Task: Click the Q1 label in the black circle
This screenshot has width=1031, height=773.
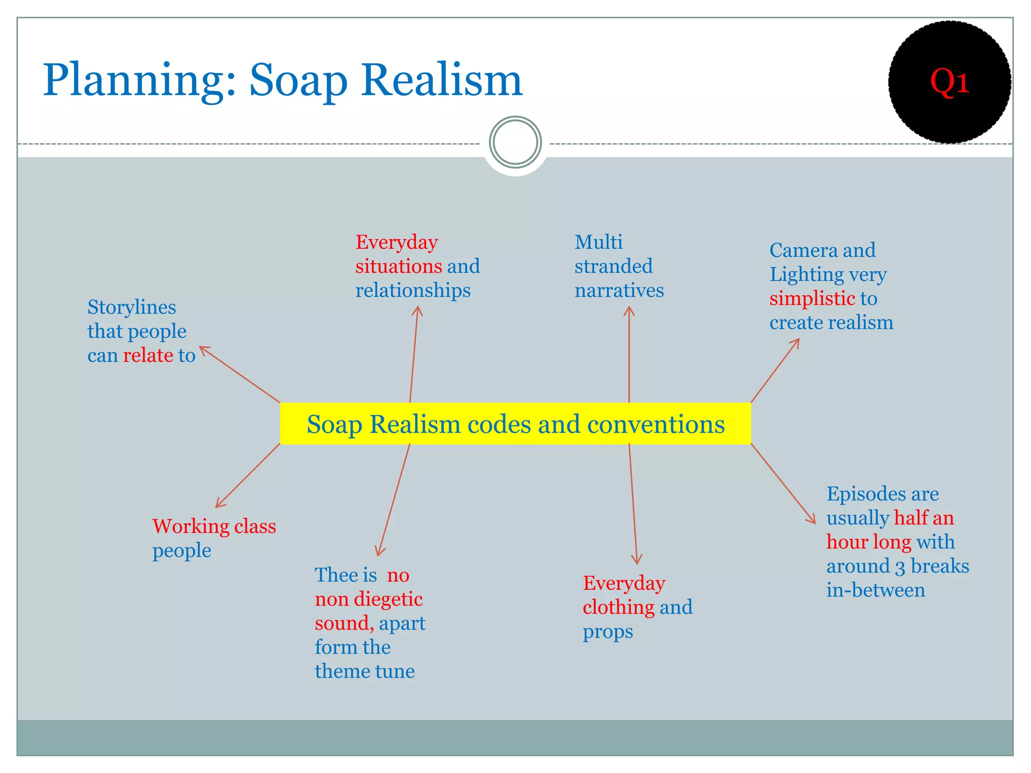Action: click(949, 82)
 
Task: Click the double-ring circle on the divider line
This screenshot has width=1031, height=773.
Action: click(515, 142)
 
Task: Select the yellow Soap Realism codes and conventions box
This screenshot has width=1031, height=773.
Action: click(515, 424)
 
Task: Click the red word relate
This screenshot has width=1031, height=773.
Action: click(148, 355)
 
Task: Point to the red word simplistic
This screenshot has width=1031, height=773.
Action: click(812, 298)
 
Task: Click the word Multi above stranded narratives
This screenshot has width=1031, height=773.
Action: click(598, 243)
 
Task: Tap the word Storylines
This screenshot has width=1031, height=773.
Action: click(131, 307)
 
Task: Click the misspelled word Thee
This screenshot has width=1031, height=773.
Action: click(333, 575)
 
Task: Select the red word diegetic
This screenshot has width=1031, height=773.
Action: click(388, 599)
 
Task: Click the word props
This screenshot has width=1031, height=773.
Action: click(608, 632)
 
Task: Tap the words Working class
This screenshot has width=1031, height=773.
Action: click(214, 526)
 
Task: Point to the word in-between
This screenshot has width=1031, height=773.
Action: click(875, 590)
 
